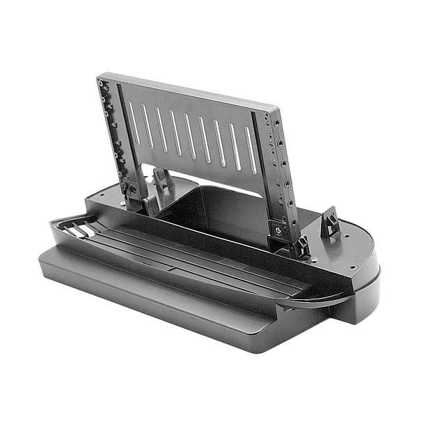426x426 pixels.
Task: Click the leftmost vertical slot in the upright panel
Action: pos(130,115)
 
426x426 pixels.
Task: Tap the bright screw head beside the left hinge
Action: pos(124,203)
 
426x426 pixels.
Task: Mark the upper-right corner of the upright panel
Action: pos(276,109)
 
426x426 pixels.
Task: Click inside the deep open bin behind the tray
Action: pos(209,209)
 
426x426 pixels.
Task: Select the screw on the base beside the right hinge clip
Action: pos(315,260)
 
